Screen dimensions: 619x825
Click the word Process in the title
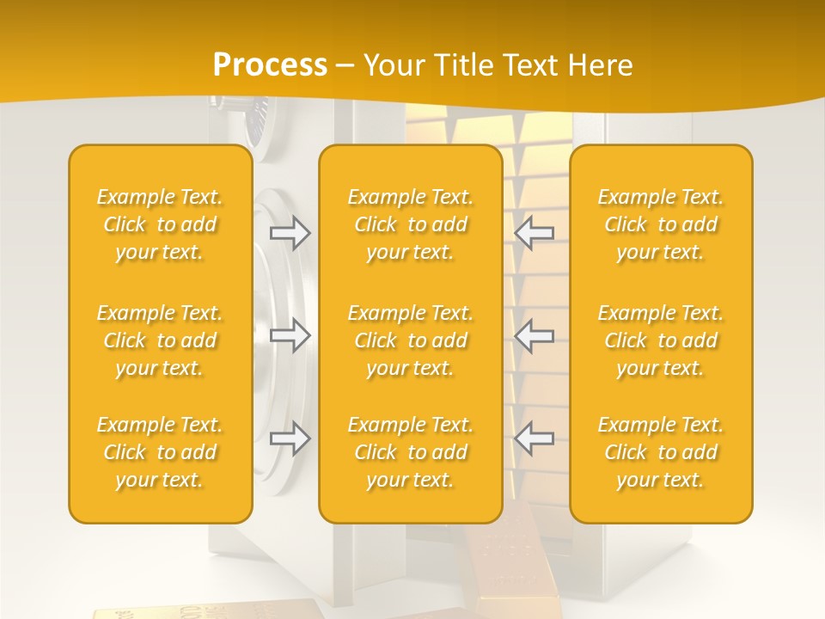(270, 65)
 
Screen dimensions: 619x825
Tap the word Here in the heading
(600, 65)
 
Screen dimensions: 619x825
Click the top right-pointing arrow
(290, 233)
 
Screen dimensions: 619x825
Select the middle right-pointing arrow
(290, 334)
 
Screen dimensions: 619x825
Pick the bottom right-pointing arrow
(290, 438)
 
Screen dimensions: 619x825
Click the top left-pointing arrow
(535, 233)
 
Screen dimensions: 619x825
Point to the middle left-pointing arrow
(535, 334)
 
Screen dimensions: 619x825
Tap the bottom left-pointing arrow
(535, 438)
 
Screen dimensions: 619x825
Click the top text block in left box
(160, 224)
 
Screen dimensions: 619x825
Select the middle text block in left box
(160, 340)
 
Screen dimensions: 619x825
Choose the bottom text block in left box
(160, 452)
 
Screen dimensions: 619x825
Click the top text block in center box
(410, 224)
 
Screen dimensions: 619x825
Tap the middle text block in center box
(410, 340)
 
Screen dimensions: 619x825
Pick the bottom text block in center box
(410, 452)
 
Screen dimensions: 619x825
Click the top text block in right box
(661, 224)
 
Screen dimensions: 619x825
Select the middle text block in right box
(661, 340)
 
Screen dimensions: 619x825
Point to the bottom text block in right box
(661, 452)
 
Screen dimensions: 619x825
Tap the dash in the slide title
(345, 66)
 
